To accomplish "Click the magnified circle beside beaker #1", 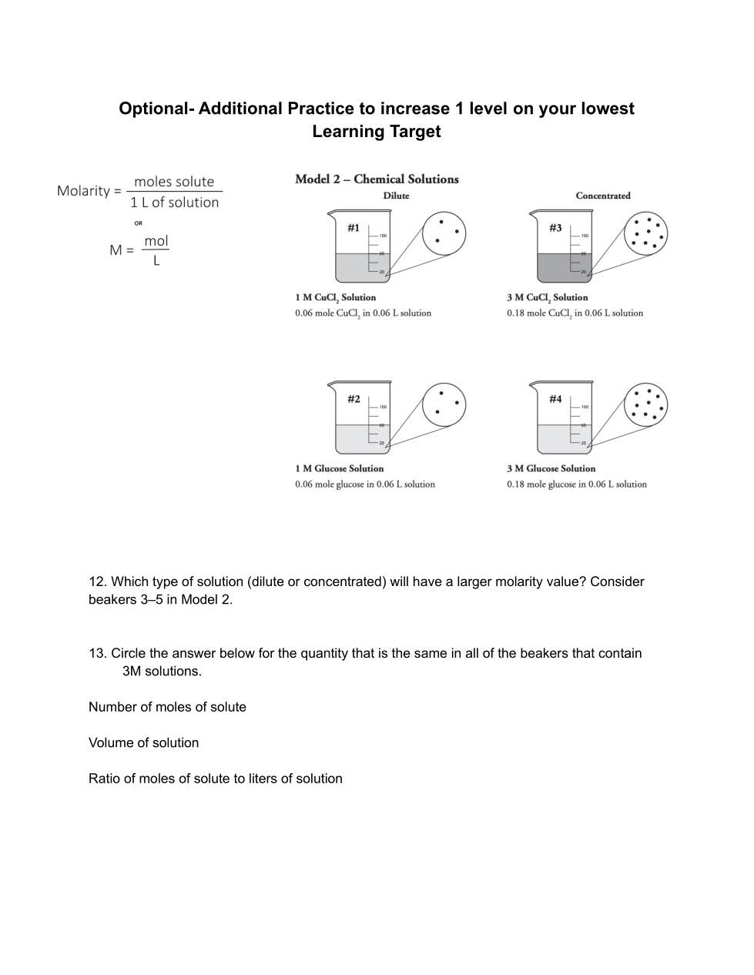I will [444, 232].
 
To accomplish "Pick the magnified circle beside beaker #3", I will [645, 232].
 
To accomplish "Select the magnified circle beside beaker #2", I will [444, 403].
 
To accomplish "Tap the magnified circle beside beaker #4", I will [645, 403].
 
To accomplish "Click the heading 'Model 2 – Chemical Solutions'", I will [377, 179].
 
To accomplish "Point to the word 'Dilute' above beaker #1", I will [396, 196].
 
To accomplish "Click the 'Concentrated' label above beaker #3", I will [603, 196].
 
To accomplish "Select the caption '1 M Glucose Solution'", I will [339, 468].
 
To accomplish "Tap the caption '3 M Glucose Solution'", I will [551, 468].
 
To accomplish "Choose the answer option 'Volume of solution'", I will [143, 742].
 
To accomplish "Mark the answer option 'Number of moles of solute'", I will [167, 707].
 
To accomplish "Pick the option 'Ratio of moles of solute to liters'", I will [215, 779].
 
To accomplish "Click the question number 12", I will [97, 581].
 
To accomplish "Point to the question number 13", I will [97, 653].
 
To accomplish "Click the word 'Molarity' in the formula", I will [83, 191].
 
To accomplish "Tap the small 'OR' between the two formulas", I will [139, 223].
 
